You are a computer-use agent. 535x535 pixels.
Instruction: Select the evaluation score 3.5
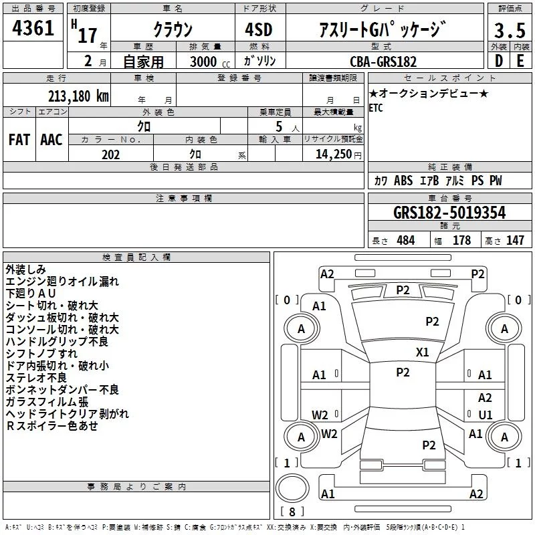coord(510,31)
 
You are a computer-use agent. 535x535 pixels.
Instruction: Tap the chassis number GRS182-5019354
coord(449,213)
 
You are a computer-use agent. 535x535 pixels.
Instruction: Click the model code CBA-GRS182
coord(383,62)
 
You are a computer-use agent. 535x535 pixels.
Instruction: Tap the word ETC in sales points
coord(376,109)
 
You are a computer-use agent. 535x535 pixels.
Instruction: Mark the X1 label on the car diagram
coord(423,352)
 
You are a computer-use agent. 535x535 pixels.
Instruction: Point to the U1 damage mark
coord(486,415)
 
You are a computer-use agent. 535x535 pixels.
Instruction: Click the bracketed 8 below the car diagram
coord(292,512)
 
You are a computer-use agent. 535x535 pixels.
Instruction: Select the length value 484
coord(405,241)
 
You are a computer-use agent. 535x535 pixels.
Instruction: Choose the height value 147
coord(515,241)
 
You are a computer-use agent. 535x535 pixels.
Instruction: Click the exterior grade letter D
coord(498,61)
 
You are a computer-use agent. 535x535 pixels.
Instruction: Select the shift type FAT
coord(19,140)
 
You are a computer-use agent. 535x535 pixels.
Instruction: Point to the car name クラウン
coord(173,30)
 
